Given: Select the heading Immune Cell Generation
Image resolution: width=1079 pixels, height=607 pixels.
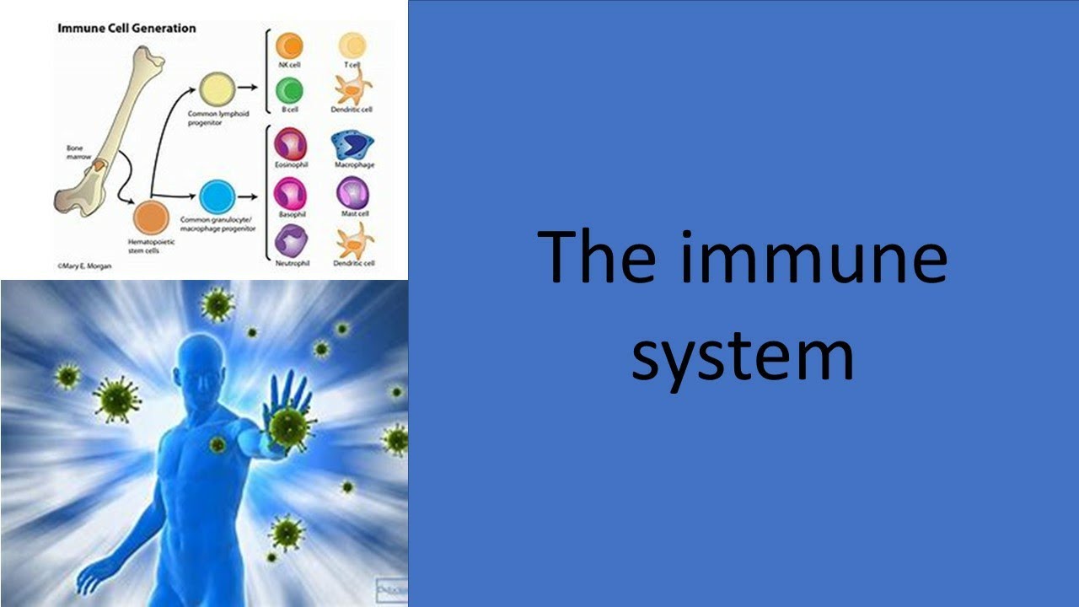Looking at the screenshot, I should [x=126, y=28].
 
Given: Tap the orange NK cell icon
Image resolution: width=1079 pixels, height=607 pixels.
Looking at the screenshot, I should [x=289, y=46].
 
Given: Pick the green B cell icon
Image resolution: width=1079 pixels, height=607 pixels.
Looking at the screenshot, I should [x=289, y=90].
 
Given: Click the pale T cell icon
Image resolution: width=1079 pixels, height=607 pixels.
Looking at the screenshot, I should [x=352, y=46].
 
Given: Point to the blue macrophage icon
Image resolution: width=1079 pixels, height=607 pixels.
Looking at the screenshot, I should [x=352, y=145].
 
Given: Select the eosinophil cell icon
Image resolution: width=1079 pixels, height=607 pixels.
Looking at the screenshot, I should [x=289, y=144].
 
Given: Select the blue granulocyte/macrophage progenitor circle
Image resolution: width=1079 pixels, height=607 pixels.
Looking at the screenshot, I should [x=216, y=196].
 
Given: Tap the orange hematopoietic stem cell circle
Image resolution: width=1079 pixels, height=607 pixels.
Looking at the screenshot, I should [x=150, y=218].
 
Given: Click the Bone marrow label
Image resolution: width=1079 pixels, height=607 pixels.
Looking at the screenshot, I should [x=77, y=153].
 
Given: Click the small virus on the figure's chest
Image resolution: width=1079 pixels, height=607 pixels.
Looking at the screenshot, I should [x=217, y=443].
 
